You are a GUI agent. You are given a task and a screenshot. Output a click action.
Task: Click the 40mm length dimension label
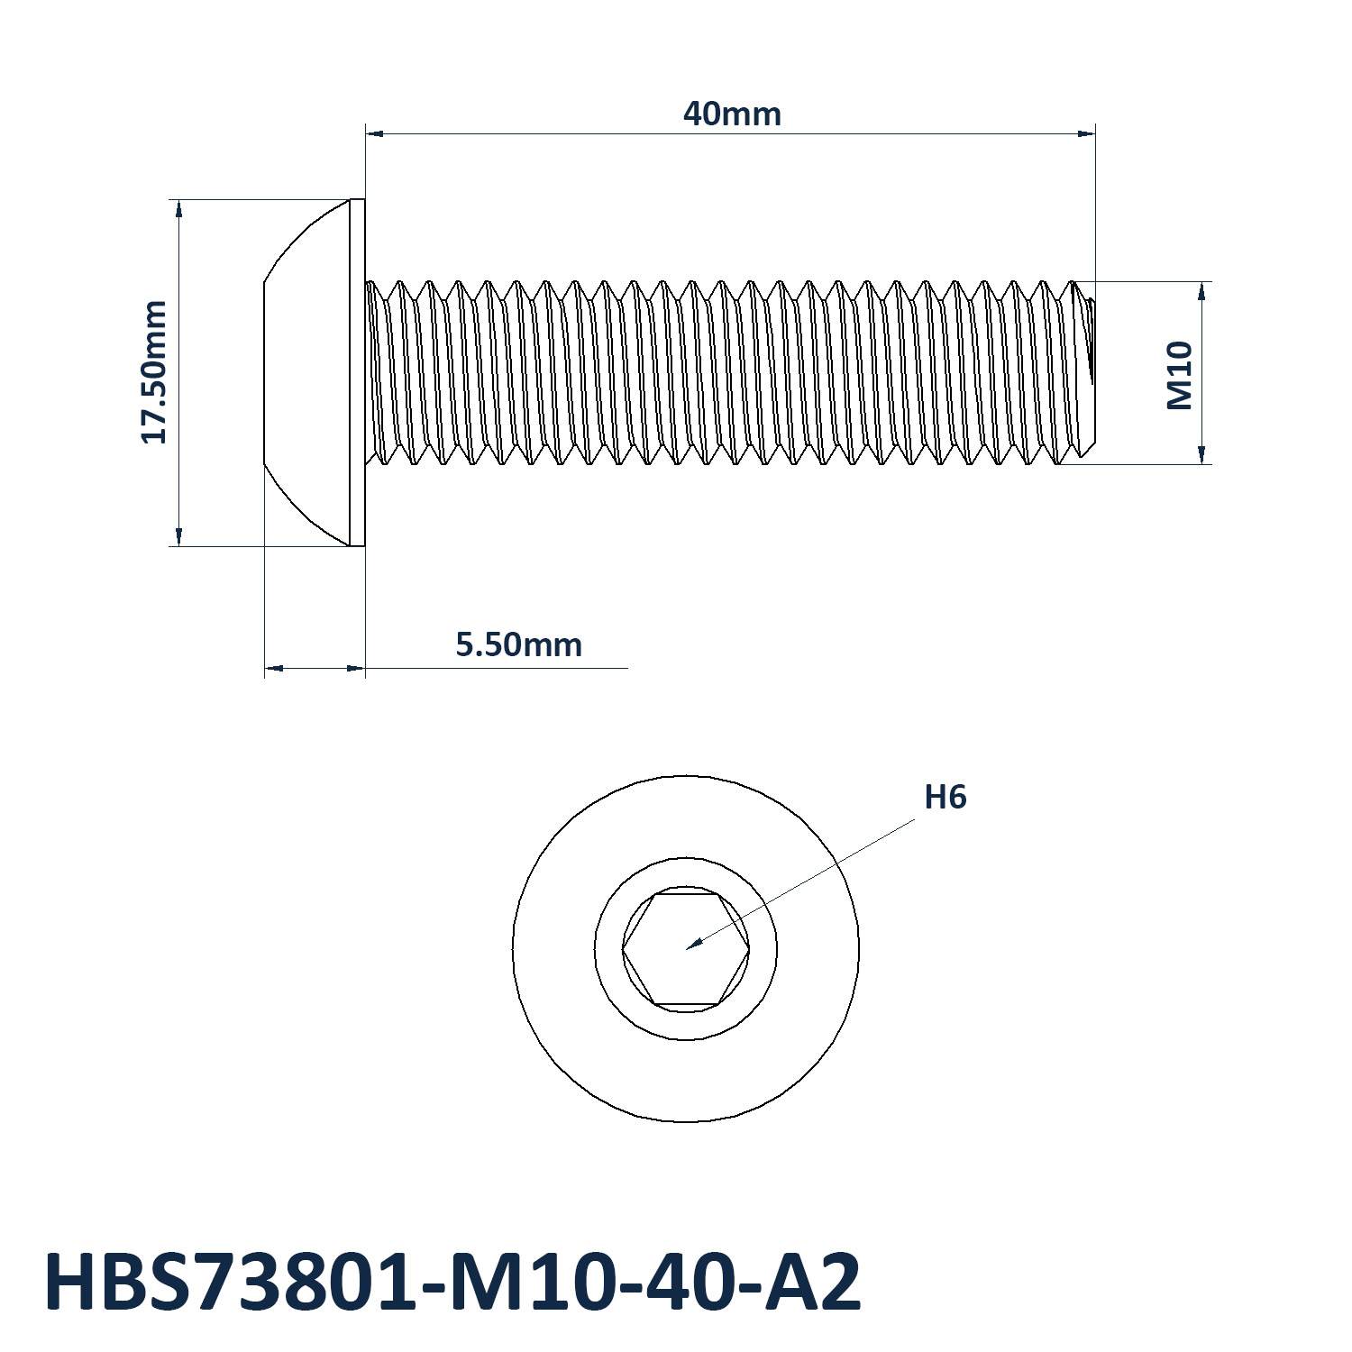coord(732,114)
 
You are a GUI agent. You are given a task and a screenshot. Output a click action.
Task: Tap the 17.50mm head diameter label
coord(154,372)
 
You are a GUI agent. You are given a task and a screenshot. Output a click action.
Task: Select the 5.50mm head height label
coord(518,645)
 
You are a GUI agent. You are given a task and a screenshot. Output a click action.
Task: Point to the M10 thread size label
coord(1180,375)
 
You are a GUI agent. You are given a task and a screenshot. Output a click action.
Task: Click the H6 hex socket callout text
coord(945,798)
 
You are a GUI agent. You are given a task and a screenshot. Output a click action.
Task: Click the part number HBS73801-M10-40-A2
coord(452,1282)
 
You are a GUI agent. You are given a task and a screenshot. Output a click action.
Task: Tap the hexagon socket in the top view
coord(686,949)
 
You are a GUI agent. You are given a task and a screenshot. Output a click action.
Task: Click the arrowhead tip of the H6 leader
coord(687,949)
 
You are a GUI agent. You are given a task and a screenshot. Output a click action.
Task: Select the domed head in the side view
coord(306,372)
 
